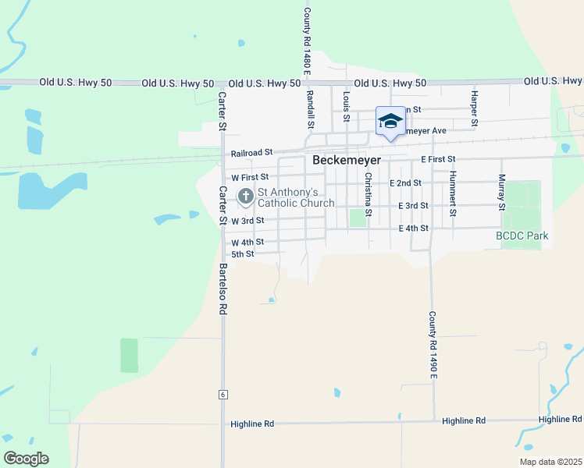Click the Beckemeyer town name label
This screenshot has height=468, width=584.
click(347, 159)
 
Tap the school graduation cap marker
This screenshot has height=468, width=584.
click(390, 121)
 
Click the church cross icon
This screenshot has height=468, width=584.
click(246, 197)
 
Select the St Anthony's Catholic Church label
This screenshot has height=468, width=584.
click(296, 197)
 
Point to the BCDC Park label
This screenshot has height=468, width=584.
click(522, 236)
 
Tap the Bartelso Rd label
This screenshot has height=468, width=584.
click(223, 288)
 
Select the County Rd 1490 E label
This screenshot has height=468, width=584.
click(432, 346)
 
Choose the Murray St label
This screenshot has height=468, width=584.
click(501, 193)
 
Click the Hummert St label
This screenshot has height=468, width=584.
click(453, 193)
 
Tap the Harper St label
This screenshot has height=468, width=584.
click(473, 107)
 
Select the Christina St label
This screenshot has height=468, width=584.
click(367, 193)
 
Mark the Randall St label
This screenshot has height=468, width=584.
click(310, 108)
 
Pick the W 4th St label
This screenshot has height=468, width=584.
click(247, 243)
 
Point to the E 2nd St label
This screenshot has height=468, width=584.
click(404, 183)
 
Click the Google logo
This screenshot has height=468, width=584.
click(26, 459)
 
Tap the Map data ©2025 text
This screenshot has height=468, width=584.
click(550, 462)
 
